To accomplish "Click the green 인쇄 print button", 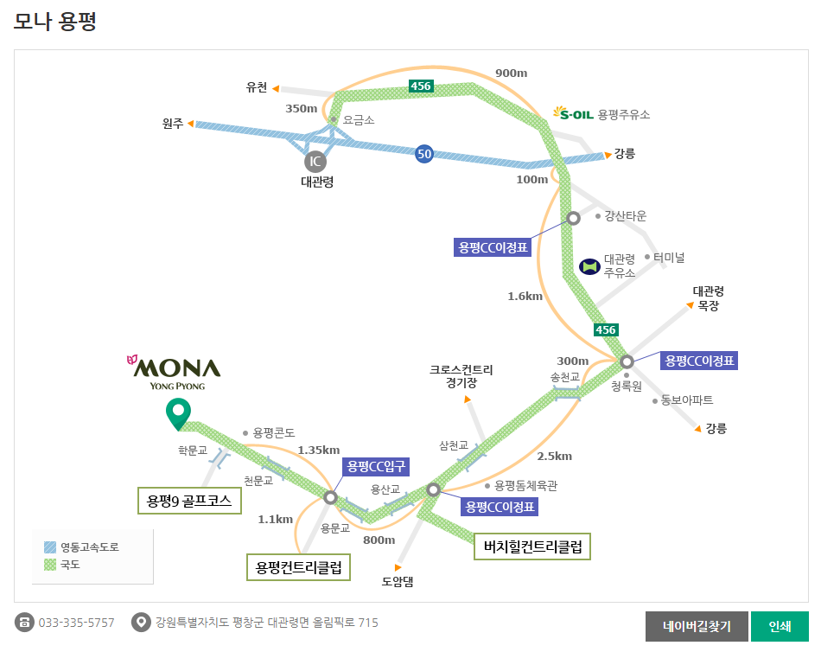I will click(x=780, y=626).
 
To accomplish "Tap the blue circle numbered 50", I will click(x=423, y=154).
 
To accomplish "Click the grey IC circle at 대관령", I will click(x=315, y=161).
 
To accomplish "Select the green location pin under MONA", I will click(x=178, y=414).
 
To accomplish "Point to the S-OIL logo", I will click(x=574, y=113).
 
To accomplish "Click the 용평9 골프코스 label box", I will click(x=190, y=500).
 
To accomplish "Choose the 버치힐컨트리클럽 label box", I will click(x=531, y=547).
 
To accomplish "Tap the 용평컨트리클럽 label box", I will click(x=298, y=567).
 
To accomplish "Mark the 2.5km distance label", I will click(x=554, y=457).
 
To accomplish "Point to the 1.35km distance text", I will click(x=318, y=450).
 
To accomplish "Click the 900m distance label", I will click(x=511, y=73).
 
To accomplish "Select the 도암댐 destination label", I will click(x=398, y=581).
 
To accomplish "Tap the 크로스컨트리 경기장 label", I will click(x=461, y=375).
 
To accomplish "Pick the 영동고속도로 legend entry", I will click(x=81, y=547).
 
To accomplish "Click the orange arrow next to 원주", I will click(x=191, y=124).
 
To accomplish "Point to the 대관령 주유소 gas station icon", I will click(x=590, y=265).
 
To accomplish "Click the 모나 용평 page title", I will click(x=54, y=22).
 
